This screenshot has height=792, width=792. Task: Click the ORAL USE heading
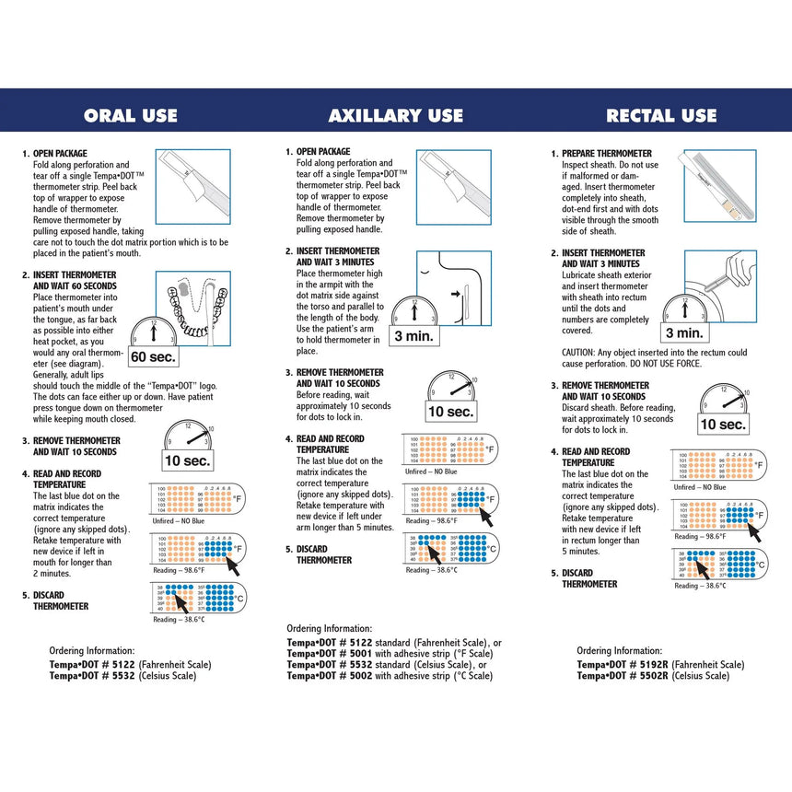(131, 116)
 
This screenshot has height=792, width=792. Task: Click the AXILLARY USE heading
(396, 116)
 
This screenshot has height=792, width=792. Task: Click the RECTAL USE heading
(661, 116)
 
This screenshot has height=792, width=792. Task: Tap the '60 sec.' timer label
(152, 356)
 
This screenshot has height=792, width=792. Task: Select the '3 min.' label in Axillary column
(414, 336)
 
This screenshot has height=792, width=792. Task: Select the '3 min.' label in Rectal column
(684, 332)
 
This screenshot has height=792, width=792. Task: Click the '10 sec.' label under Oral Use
(188, 460)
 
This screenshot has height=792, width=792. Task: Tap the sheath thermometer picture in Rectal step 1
(719, 187)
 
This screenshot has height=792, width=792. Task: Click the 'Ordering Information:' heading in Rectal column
(619, 650)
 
